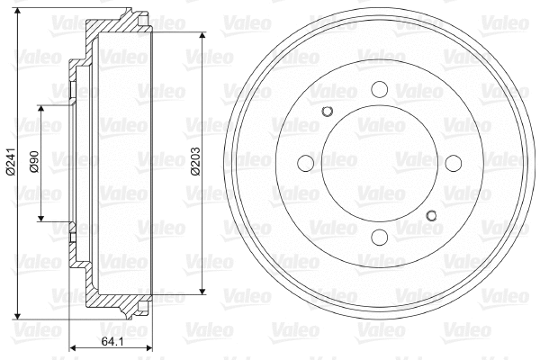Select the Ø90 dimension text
34,162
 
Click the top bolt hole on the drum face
378,90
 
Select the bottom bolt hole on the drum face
378,237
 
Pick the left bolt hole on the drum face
305,163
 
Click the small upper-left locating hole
328,112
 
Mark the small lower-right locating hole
430,214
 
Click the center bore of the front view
378,163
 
